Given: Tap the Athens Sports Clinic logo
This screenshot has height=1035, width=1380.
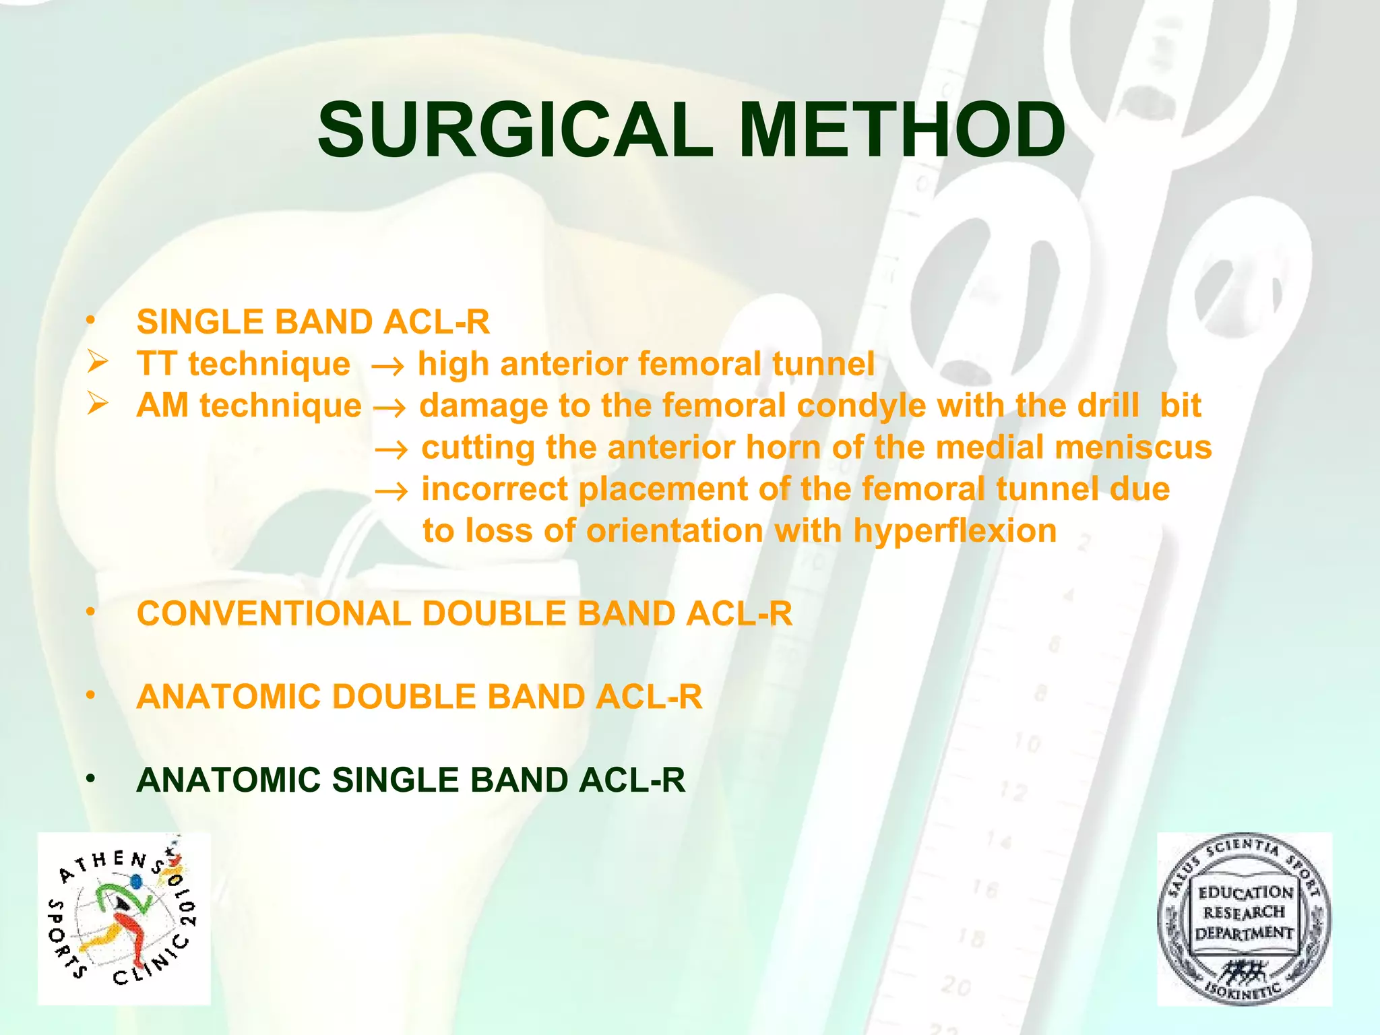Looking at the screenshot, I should pos(124,918).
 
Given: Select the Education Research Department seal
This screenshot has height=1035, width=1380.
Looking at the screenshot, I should pos(1244,918).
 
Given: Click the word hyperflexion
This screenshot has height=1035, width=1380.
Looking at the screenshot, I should pos(955,532).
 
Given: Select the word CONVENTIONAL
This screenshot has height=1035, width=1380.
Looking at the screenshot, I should pos(274,614).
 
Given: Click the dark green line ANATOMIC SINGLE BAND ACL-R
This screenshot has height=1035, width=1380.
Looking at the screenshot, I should pos(410,780).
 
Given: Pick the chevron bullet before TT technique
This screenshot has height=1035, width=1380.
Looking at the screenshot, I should pos(98,363).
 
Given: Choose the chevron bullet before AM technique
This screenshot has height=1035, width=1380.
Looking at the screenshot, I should pos(98,405).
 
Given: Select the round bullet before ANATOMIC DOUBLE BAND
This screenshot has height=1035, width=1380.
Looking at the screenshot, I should pos(90,696).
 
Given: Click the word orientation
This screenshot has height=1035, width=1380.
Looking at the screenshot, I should pos(675,532).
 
